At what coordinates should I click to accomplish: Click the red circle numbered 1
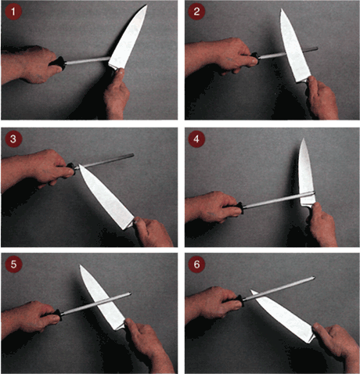point(13,12)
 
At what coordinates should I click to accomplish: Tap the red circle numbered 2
point(196,12)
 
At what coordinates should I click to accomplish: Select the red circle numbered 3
point(13,138)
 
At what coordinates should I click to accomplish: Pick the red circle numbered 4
point(196,138)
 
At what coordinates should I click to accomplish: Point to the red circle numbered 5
point(13,264)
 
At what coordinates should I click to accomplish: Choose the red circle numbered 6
point(196,264)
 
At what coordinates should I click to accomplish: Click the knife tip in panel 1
point(147,5)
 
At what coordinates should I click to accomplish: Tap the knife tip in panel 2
point(282,9)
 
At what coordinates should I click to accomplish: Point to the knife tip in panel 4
point(304,138)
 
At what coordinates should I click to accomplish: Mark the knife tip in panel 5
point(81,265)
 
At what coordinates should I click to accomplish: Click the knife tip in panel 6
point(250,290)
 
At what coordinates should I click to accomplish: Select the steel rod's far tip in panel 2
point(317,49)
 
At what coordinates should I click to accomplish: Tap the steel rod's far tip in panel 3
point(133,156)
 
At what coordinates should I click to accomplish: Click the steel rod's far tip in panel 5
point(130,293)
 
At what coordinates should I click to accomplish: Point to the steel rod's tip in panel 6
point(314,278)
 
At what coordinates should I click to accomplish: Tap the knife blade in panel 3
point(106,197)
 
